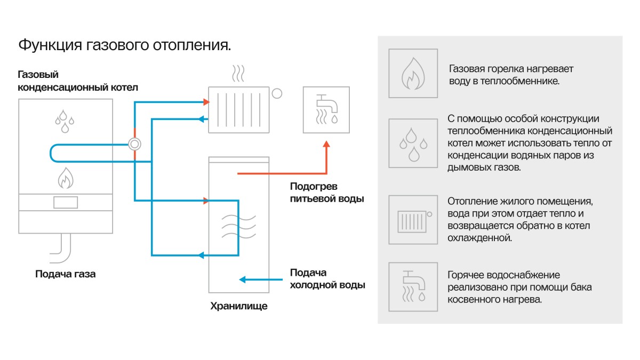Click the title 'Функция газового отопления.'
tap(125, 45)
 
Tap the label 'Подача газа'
tap(66, 275)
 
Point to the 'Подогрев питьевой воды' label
tap(326, 193)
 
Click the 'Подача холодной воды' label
tap(327, 278)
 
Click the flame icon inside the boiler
tap(65, 178)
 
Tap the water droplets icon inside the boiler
tap(65, 121)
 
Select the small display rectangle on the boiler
tap(65, 203)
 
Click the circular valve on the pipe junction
tap(135, 144)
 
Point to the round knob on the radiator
tap(277, 94)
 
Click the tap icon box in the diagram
tap(327, 109)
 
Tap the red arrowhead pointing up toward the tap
tap(326, 145)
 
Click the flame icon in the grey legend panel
tap(413, 74)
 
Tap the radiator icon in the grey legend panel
tap(413, 220)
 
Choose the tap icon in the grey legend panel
tap(413, 286)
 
